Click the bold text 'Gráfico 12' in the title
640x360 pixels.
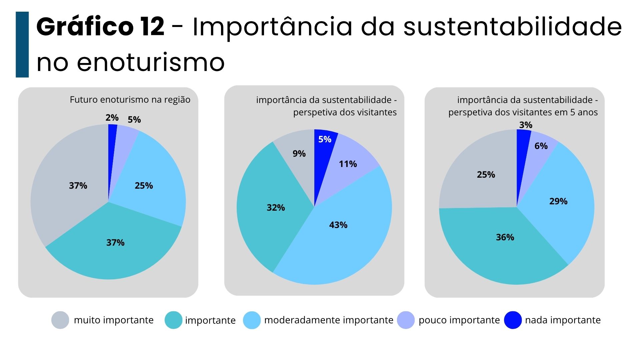[x=100, y=27]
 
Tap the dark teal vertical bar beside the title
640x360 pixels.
[x=22, y=44]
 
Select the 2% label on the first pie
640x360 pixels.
[x=112, y=118]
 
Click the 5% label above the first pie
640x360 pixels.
[x=134, y=120]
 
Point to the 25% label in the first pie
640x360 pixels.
[x=144, y=186]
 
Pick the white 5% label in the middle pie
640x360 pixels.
[x=325, y=139]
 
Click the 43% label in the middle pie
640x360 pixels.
[x=338, y=225]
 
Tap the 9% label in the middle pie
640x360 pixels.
[x=299, y=154]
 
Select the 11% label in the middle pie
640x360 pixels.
[x=348, y=164]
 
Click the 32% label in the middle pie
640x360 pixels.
[x=276, y=208]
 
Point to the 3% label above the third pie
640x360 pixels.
[x=526, y=125]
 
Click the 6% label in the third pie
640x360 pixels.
[x=541, y=146]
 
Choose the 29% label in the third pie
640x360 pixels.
[x=558, y=201]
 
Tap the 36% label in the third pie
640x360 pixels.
[x=505, y=237]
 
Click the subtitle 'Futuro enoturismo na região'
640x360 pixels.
[x=130, y=100]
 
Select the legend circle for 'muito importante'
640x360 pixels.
[x=60, y=320]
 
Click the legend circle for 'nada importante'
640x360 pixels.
[x=513, y=320]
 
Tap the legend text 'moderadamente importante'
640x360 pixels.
[x=329, y=320]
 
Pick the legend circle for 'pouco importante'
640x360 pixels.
[x=406, y=320]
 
